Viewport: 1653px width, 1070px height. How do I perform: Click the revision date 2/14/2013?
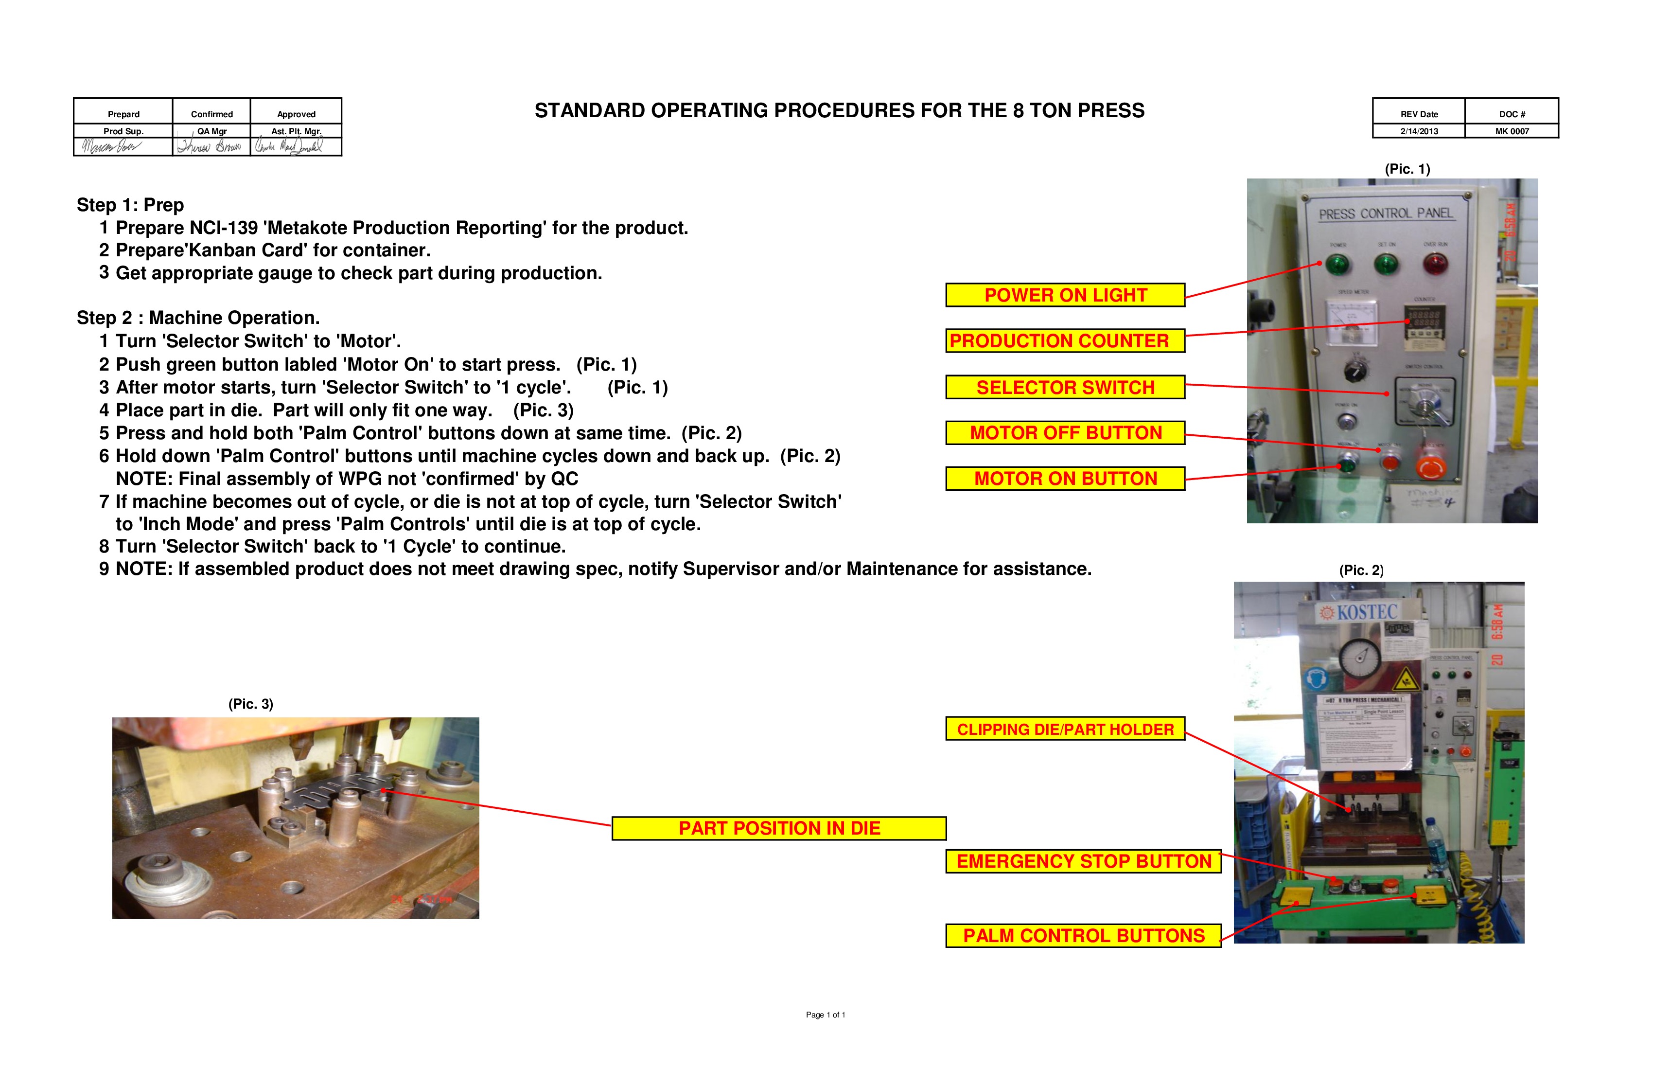(x=1419, y=131)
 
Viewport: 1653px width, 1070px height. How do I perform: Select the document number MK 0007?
(x=1512, y=131)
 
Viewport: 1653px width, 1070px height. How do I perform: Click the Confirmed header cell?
(x=212, y=114)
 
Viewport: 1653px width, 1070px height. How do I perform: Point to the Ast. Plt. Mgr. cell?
(x=296, y=131)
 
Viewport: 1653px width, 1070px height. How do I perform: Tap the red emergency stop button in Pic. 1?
(x=1431, y=467)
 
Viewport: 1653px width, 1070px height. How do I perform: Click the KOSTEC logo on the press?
(x=1360, y=612)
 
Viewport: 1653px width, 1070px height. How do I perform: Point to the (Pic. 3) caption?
(x=251, y=704)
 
